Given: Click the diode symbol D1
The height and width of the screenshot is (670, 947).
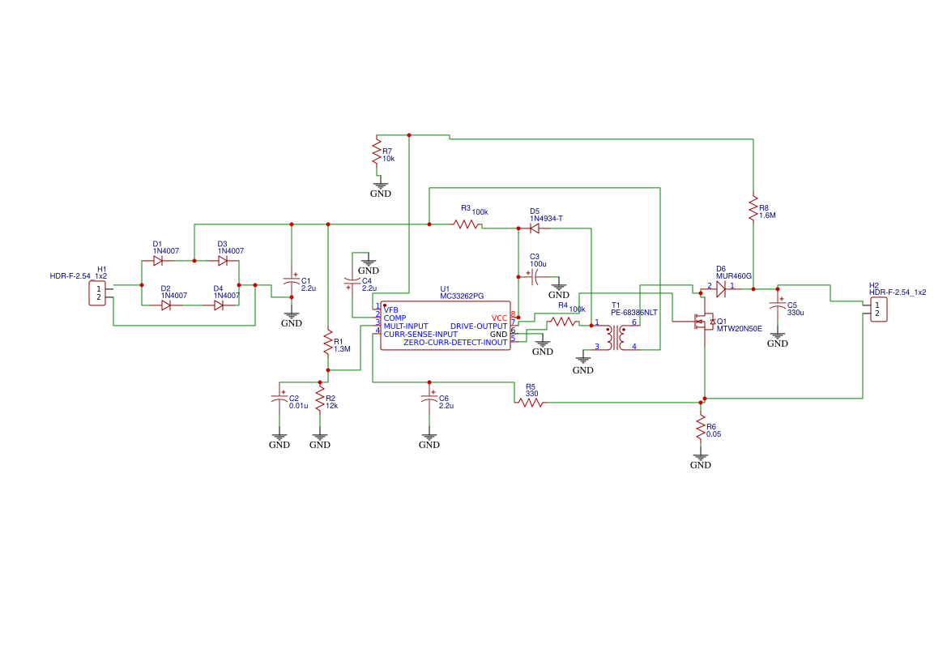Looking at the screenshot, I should pyautogui.click(x=159, y=261).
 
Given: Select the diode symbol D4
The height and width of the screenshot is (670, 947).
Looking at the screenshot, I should pyautogui.click(x=219, y=305).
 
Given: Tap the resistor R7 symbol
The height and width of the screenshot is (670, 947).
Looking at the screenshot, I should pyautogui.click(x=376, y=151).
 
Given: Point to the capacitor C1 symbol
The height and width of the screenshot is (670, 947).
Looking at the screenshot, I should pyautogui.click(x=292, y=281).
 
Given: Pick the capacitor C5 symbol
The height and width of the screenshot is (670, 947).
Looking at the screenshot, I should pyautogui.click(x=778, y=305).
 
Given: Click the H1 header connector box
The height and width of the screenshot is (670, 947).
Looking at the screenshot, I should pyautogui.click(x=97, y=293).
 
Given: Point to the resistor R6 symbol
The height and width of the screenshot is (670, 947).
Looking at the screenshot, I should pyautogui.click(x=701, y=429).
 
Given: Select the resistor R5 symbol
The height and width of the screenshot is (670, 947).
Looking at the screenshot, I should pyautogui.click(x=531, y=402).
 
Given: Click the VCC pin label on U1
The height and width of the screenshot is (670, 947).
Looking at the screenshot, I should pyautogui.click(x=499, y=318).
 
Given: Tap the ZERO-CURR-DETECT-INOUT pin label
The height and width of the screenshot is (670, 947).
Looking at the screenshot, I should pyautogui.click(x=455, y=343).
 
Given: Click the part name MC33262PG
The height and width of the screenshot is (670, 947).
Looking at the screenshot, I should pyautogui.click(x=462, y=297).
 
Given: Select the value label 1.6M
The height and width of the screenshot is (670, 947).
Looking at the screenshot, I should pyautogui.click(x=768, y=216).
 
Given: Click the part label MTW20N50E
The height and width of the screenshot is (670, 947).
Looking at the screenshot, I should pyautogui.click(x=739, y=329).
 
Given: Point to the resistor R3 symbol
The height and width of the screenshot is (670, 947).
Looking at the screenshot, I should pyautogui.click(x=467, y=224).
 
